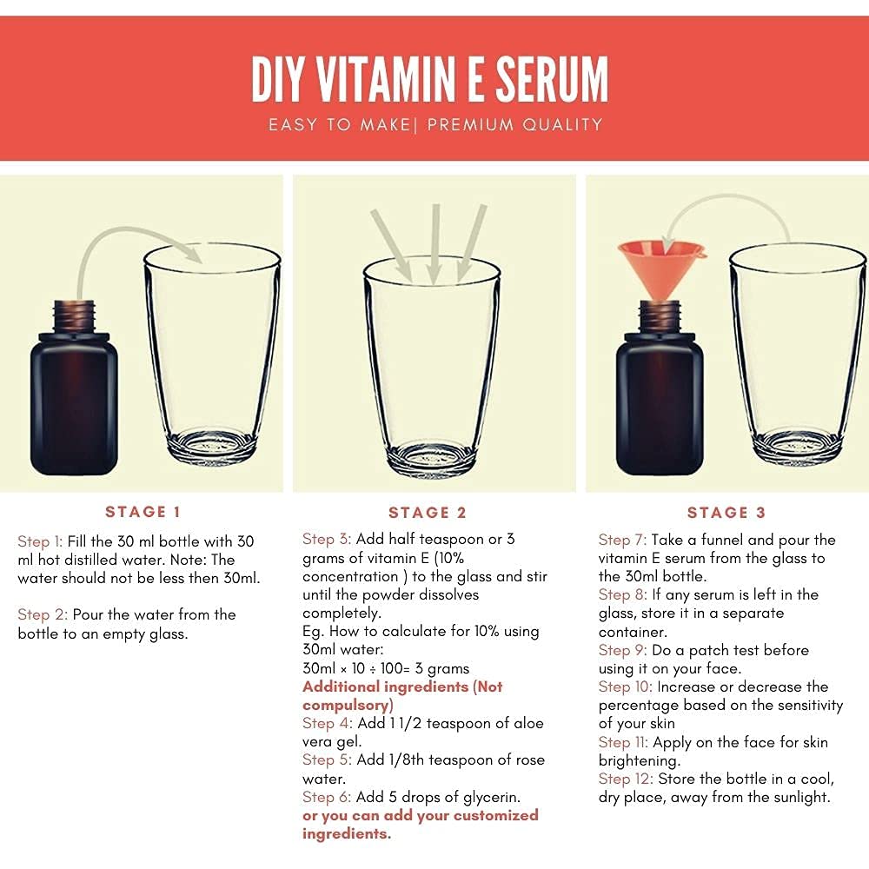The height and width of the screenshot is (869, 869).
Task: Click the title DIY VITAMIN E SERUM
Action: pos(430,79)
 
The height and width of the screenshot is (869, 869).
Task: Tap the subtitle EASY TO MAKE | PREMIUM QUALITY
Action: pos(435,124)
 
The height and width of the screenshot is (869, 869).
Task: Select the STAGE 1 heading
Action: pos(143,512)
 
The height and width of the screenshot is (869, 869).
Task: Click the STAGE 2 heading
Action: pos(428,513)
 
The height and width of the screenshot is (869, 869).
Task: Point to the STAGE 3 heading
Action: pos(726,513)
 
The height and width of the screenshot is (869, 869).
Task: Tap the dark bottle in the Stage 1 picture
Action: pos(74,388)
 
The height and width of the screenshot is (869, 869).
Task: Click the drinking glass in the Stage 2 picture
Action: pos(432,368)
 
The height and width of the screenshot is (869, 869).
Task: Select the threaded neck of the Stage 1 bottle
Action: pos(74,317)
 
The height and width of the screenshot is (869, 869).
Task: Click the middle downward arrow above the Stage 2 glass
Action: pos(435,244)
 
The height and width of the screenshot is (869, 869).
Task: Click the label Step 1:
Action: pos(40,541)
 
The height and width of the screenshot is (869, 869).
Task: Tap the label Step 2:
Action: pos(43,614)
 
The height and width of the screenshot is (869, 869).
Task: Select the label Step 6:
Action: pos(327,798)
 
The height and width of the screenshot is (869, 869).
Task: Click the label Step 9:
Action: pos(623,651)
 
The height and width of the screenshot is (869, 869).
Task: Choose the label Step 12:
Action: pos(626,779)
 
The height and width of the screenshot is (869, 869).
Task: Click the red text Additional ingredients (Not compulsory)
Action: pos(402,696)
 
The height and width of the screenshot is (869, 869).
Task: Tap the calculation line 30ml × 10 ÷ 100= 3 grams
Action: pos(386,668)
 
